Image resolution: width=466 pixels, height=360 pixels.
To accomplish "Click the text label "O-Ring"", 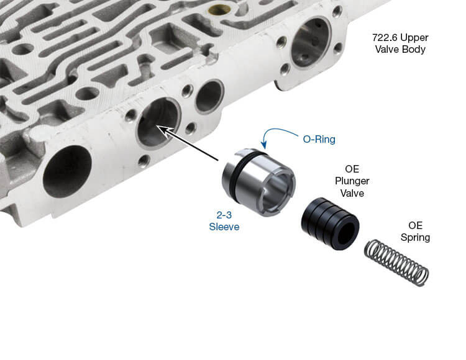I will [319, 140].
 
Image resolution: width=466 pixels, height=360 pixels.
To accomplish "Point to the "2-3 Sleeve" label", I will [224, 220].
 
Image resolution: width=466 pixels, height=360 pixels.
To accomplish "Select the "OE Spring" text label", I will [419, 231].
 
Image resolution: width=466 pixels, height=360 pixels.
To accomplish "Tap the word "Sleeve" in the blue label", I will [224, 227].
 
